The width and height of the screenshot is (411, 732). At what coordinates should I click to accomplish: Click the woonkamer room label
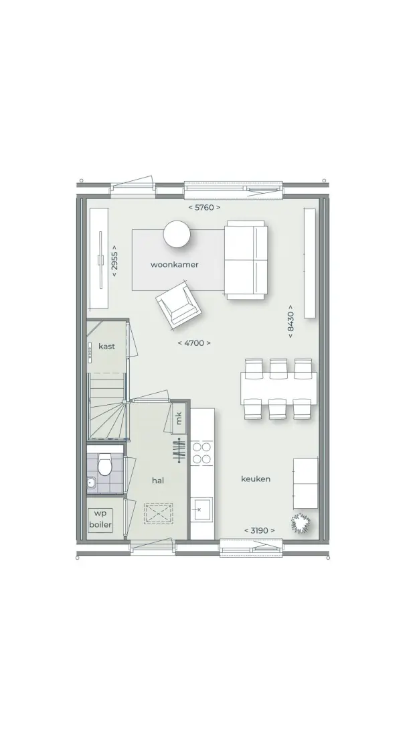tap(174, 265)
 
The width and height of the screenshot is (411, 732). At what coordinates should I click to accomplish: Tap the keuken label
tap(255, 479)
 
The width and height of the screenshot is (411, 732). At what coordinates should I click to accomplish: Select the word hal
tap(158, 481)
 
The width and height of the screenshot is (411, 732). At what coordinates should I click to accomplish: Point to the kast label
tap(106, 347)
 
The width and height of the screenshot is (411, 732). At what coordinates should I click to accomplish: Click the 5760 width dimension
tap(204, 207)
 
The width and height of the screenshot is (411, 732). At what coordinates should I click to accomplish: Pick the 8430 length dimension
tap(291, 322)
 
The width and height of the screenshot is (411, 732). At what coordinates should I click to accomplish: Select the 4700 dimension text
tap(194, 343)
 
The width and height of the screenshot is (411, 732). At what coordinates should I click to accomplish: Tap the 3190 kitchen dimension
tap(260, 530)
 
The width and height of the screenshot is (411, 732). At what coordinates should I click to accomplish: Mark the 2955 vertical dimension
tap(114, 261)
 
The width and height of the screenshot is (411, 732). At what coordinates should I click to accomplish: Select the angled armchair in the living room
tap(179, 306)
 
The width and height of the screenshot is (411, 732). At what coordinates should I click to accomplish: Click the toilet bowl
tap(105, 465)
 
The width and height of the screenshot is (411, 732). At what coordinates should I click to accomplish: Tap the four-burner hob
tap(201, 453)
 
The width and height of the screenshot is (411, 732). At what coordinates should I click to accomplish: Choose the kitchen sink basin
tap(201, 510)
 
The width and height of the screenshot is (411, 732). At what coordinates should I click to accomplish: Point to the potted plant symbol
tap(301, 523)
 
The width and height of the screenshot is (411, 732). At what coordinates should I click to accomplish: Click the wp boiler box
tap(100, 519)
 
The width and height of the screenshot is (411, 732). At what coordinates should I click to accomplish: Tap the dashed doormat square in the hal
tap(159, 513)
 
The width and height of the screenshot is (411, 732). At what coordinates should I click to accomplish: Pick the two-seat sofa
tap(246, 261)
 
